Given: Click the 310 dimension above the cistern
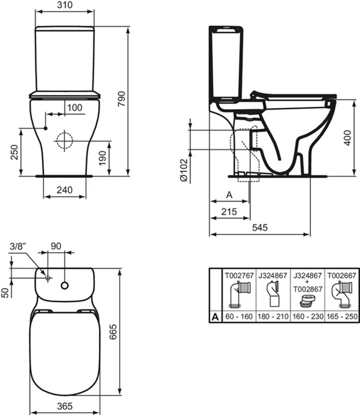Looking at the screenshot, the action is click(64, 5).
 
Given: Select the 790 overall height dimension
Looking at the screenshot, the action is click(122, 99).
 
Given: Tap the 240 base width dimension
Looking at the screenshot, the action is click(64, 190).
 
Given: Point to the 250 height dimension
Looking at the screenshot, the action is click(14, 152).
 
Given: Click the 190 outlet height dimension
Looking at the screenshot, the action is click(103, 158).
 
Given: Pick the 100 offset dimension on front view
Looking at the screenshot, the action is click(75, 108).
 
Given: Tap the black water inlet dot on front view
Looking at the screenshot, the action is click(46, 128).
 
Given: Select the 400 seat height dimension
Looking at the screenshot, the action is click(348, 138).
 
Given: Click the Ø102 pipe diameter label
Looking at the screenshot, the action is click(184, 170).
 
